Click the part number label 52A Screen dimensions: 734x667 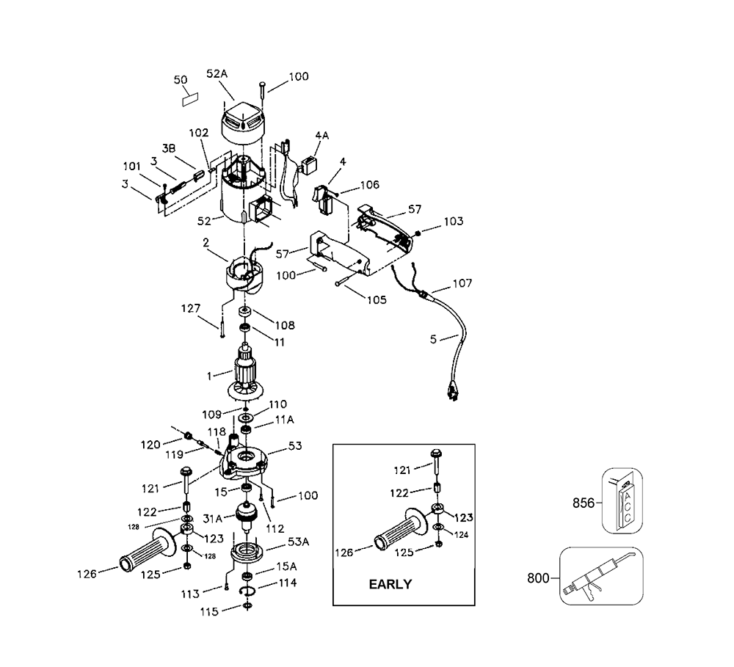tap(217, 74)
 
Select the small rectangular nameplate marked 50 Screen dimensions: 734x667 tap(190, 99)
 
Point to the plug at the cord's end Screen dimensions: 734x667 tap(452, 391)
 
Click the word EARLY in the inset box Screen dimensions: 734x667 tap(390, 584)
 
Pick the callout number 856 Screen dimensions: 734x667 tap(584, 503)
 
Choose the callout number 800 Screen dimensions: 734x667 tap(538, 578)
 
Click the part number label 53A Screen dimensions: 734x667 tap(298, 542)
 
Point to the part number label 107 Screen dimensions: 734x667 tap(462, 283)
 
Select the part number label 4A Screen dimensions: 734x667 tap(322, 135)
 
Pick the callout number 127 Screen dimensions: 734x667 tap(191, 308)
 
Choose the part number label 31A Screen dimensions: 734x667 tap(212, 519)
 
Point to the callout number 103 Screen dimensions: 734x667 tap(453, 221)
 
